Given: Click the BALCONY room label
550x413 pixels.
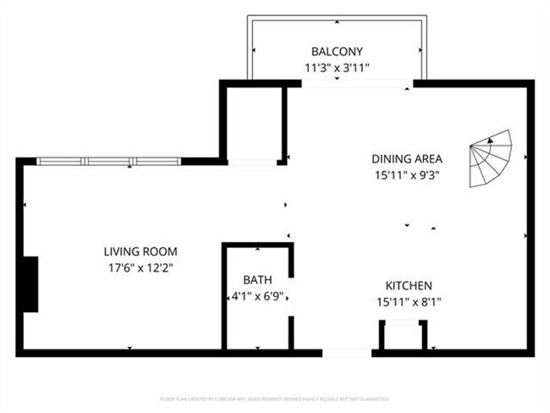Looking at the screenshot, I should [338, 50].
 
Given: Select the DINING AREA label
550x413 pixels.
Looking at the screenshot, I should [407, 158].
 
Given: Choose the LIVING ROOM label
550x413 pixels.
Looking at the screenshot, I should [140, 251].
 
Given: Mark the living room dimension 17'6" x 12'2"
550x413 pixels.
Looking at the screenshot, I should [140, 267].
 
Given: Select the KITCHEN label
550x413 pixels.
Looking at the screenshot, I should [410, 286].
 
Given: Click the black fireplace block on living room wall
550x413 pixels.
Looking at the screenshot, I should [30, 284].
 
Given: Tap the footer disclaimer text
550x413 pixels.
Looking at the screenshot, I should [275, 398].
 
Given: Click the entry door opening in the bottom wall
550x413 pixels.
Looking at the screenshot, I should [348, 352].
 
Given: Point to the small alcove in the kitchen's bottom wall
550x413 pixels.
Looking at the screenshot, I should [401, 336].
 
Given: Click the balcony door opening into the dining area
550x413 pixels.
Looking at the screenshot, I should [357, 83].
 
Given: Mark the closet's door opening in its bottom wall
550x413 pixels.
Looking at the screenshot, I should [253, 162].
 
